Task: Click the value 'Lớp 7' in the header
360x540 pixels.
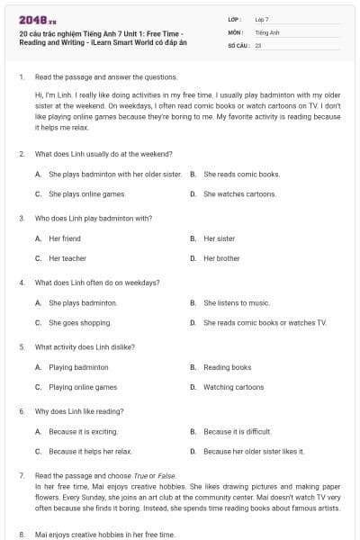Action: click(x=262, y=19)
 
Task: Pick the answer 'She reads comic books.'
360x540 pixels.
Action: click(x=241, y=174)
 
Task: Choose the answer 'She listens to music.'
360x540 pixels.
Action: click(x=236, y=302)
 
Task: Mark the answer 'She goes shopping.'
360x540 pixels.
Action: click(x=80, y=322)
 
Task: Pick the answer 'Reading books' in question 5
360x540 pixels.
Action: click(x=227, y=367)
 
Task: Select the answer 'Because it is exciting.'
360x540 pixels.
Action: click(x=83, y=431)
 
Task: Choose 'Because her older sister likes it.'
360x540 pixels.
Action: click(x=254, y=451)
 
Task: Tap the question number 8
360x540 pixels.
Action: click(x=22, y=535)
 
